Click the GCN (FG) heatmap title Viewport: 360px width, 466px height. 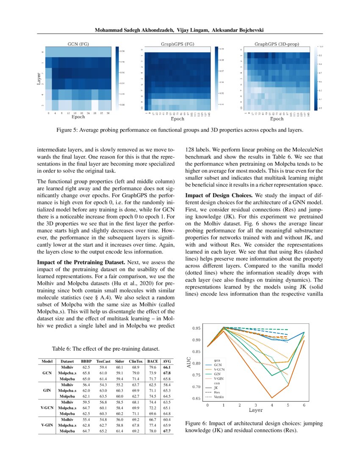(x=77, y=44)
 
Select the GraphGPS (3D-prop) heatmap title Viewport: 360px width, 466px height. (x=276, y=44)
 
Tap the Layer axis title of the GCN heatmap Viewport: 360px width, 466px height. (x=39, y=79)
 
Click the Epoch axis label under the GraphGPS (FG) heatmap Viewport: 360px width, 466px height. (x=177, y=119)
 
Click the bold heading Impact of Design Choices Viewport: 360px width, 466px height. (x=219, y=195)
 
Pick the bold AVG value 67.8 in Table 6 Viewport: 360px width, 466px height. (x=167, y=374)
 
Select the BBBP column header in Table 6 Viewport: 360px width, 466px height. (x=87, y=361)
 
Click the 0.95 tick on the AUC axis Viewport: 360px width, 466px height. (x=196, y=328)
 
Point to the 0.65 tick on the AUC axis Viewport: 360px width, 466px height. (x=196, y=399)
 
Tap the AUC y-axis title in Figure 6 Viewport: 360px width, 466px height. (x=189, y=363)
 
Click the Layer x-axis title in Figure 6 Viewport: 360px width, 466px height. (x=255, y=411)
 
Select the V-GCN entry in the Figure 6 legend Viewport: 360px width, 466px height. (x=219, y=369)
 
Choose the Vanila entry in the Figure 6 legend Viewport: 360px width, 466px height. (x=219, y=397)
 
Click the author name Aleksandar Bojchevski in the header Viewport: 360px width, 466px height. (x=238, y=31)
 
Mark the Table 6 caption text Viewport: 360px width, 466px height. (x=105, y=349)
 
